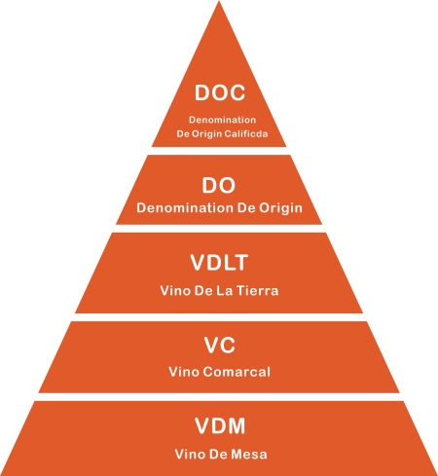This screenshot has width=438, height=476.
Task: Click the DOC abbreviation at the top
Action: coord(220,92)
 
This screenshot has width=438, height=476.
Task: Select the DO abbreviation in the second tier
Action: coord(219,186)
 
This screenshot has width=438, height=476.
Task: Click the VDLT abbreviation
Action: coord(219,263)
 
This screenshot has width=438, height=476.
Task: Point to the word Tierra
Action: coord(257,291)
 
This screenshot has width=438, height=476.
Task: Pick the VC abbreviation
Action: coord(220,345)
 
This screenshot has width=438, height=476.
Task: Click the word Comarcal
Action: coord(237,372)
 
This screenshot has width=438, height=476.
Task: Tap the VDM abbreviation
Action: coord(220,425)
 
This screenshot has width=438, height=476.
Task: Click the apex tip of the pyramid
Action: coord(219,1)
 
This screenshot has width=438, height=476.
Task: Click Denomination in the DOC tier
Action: coord(223,120)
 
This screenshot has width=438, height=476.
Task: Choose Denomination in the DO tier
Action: coord(185,207)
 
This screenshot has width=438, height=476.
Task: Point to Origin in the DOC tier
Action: coord(206,134)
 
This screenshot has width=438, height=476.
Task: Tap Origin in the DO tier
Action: coord(280,208)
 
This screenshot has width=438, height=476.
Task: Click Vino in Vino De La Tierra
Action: coord(176,291)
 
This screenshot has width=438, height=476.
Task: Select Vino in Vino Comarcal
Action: coord(184,372)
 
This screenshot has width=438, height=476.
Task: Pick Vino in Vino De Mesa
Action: coord(191,455)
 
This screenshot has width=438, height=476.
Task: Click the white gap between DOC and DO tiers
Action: coord(219,151)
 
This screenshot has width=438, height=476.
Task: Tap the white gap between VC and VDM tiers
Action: coord(219,397)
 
